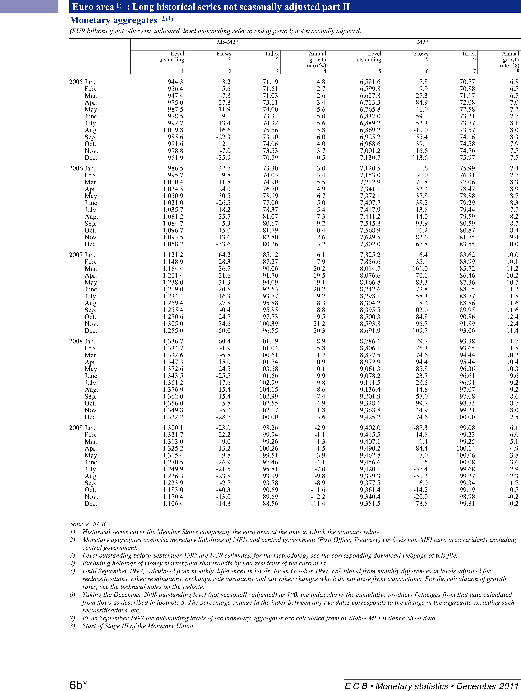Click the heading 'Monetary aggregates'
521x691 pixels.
[x=113, y=20]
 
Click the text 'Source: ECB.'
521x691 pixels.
[x=88, y=524]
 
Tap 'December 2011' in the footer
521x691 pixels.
[x=487, y=686]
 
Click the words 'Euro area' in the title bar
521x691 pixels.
[x=93, y=7]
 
